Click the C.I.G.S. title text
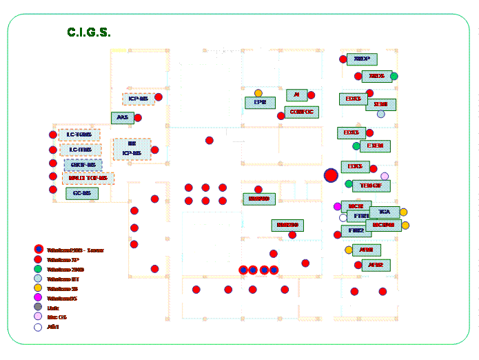[89, 32]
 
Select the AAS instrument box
[122, 118]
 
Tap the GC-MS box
[81, 194]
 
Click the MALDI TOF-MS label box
[88, 178]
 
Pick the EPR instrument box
[260, 102]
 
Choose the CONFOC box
[302, 112]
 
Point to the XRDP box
[362, 59]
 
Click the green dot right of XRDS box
[394, 76]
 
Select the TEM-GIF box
[371, 186]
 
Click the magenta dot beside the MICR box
[338, 206]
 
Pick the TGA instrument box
[385, 212]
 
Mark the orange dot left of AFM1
[349, 250]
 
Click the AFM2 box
[376, 265]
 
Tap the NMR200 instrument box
[287, 226]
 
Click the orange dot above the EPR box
[258, 93]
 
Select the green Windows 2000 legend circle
[38, 268]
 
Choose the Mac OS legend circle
[38, 317]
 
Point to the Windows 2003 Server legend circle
[39, 249]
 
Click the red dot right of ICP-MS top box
[159, 97]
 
